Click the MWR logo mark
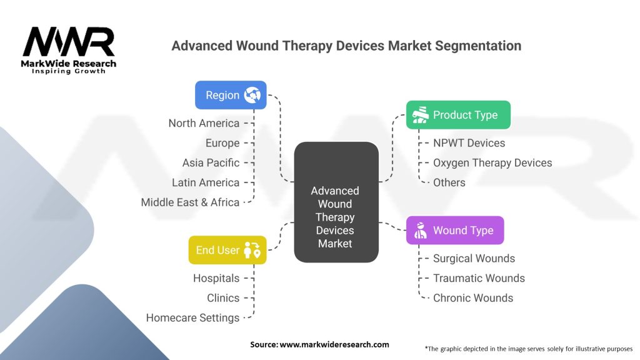click(x=69, y=42)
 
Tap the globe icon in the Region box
click(x=252, y=95)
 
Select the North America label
click(x=204, y=123)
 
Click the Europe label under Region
click(x=222, y=143)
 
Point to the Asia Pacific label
click(x=211, y=163)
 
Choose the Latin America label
click(x=206, y=182)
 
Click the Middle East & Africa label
click(x=190, y=202)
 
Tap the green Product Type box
click(x=458, y=115)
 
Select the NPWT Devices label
click(x=469, y=143)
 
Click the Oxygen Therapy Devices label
click(x=492, y=163)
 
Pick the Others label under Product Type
click(x=449, y=183)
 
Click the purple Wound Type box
click(x=455, y=230)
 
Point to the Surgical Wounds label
click(x=474, y=258)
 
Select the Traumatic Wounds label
click(x=479, y=278)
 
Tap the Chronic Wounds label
click(x=473, y=298)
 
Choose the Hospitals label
click(x=216, y=278)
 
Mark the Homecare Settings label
click(x=192, y=318)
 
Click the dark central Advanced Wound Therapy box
click(x=336, y=202)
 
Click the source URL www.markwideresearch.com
click(x=334, y=344)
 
